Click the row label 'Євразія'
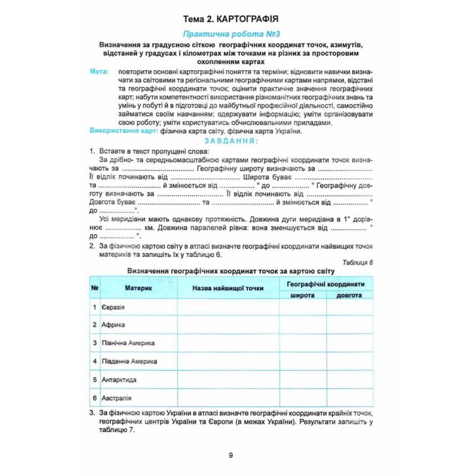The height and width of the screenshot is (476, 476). point(114,307)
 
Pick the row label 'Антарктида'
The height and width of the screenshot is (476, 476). point(119,380)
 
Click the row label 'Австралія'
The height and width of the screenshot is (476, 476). point(117,397)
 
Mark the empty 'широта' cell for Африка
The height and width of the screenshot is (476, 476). point(303,325)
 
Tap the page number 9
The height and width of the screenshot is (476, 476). point(231,455)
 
